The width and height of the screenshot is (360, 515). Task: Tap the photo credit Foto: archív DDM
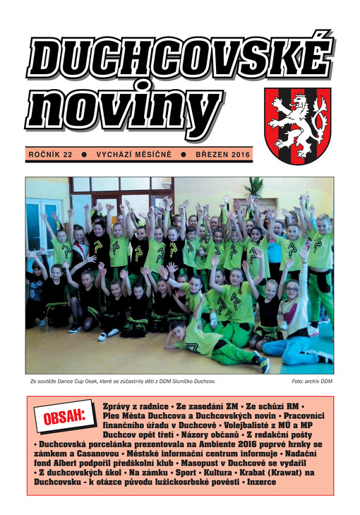[312, 381]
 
